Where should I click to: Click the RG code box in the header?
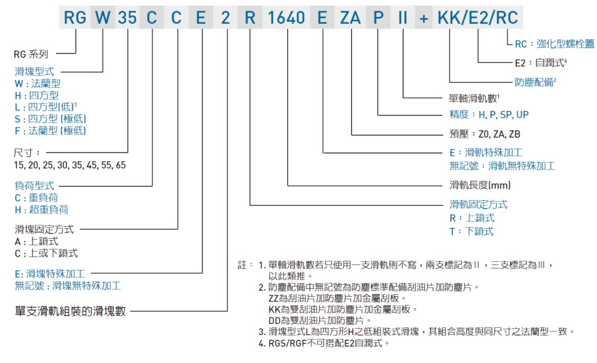click(75, 18)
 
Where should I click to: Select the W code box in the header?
click(102, 18)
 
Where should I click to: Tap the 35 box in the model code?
click(127, 18)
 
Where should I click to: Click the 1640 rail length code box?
click(287, 18)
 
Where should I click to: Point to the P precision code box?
click(378, 18)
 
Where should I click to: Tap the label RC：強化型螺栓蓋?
click(554, 44)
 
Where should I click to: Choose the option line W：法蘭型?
click(38, 84)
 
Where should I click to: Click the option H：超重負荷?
click(42, 209)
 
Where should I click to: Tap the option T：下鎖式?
click(471, 231)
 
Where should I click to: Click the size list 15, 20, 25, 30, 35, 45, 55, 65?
click(70, 165)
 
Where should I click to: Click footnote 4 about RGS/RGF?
click(323, 343)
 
